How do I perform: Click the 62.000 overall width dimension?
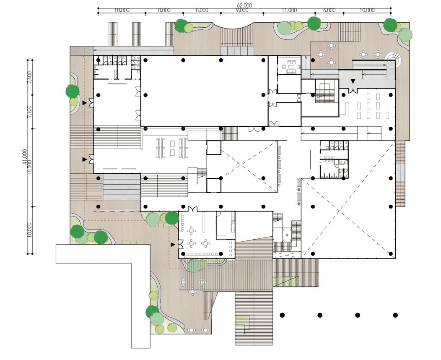(x=244, y=5)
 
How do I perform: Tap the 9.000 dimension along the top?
(x=241, y=10)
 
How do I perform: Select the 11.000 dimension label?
(x=289, y=10)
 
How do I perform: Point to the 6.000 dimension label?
(x=329, y=10)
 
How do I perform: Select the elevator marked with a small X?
(x=287, y=236)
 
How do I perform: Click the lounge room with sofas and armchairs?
(x=290, y=66)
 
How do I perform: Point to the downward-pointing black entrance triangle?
(x=353, y=81)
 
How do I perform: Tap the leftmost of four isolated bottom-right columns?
(x=282, y=315)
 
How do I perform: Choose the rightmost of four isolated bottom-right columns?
(x=395, y=315)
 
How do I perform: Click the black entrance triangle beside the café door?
(x=173, y=244)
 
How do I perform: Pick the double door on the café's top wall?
(x=192, y=209)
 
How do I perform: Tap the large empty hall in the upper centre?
(x=204, y=90)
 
